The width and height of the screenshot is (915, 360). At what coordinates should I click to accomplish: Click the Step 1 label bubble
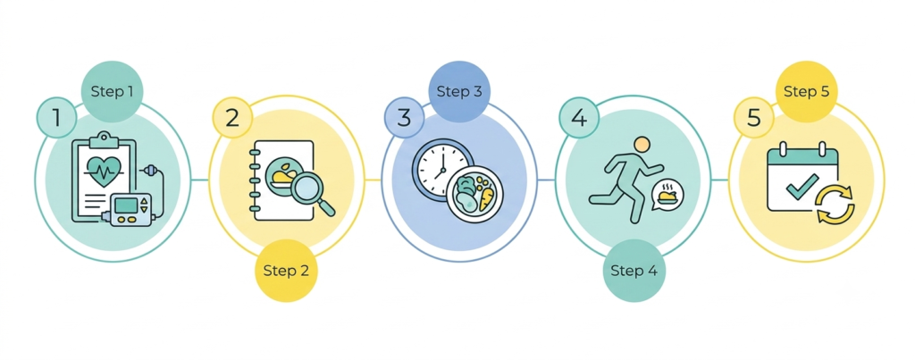click(x=112, y=92)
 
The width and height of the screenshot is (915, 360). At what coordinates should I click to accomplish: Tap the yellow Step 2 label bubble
click(x=286, y=271)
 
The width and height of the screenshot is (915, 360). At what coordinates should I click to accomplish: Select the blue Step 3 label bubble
click(x=459, y=92)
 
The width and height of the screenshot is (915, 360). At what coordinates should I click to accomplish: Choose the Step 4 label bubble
click(x=634, y=271)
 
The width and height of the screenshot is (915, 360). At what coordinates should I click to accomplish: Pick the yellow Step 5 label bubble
click(x=807, y=92)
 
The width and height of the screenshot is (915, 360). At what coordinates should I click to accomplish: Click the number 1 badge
click(x=56, y=118)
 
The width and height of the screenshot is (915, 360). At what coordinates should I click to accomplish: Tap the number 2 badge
click(x=232, y=118)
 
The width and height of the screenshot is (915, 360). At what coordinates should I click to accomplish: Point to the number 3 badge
click(x=405, y=118)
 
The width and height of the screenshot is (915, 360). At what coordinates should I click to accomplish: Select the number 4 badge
click(x=579, y=118)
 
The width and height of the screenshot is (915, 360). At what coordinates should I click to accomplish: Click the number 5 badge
click(x=753, y=118)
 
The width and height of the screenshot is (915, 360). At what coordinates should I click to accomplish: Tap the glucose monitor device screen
click(x=127, y=205)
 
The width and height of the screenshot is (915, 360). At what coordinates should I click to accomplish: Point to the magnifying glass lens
click(x=307, y=188)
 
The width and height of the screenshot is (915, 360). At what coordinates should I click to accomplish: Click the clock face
click(x=442, y=166)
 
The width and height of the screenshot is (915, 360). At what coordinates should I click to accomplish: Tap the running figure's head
click(x=642, y=144)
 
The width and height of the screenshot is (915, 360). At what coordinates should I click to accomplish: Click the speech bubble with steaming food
click(x=667, y=195)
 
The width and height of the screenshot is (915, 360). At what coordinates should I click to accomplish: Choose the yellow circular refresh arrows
click(x=835, y=205)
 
